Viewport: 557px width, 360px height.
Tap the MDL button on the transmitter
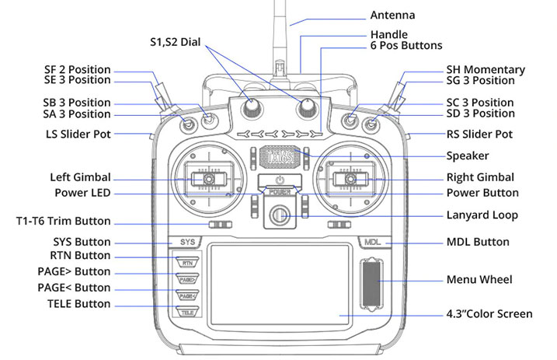point(373,242)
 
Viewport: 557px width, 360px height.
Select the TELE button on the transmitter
point(187,312)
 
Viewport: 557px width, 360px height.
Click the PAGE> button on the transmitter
point(187,279)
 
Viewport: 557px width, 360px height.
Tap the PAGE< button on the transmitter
point(187,295)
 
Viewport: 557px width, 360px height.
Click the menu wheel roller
point(371,284)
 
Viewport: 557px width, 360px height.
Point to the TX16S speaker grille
point(280,157)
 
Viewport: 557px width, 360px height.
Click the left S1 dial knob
point(252,107)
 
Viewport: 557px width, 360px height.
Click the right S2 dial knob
point(307,107)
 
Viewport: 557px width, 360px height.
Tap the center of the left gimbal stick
point(208,179)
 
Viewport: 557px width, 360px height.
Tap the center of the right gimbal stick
point(351,179)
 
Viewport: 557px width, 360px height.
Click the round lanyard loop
point(280,215)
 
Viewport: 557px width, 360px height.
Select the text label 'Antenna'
point(392,15)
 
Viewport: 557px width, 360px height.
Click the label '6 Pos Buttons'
point(406,46)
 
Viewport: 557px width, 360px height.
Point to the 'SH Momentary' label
point(486,70)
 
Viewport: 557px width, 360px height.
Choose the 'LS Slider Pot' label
point(78,135)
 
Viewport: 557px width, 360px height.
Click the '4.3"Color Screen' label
point(489,314)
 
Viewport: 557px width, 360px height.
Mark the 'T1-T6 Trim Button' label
point(64,221)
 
